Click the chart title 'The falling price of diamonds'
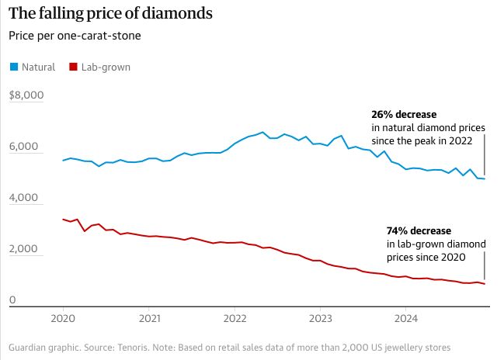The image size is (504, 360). [x=111, y=14]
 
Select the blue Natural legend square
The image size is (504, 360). [x=13, y=67]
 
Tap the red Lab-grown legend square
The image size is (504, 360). [x=74, y=67]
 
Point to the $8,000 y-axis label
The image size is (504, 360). [x=27, y=95]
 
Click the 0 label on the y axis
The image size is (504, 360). [x=12, y=301]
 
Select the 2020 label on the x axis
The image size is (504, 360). [x=62, y=318]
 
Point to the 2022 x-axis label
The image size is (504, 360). [x=235, y=318]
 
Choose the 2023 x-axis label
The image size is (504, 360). [x=321, y=318]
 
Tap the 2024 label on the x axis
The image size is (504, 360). [x=407, y=318]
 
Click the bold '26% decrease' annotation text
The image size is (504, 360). [x=404, y=114]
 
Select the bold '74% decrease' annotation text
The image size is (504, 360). [x=419, y=230]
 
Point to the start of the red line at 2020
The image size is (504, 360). [x=62, y=220]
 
